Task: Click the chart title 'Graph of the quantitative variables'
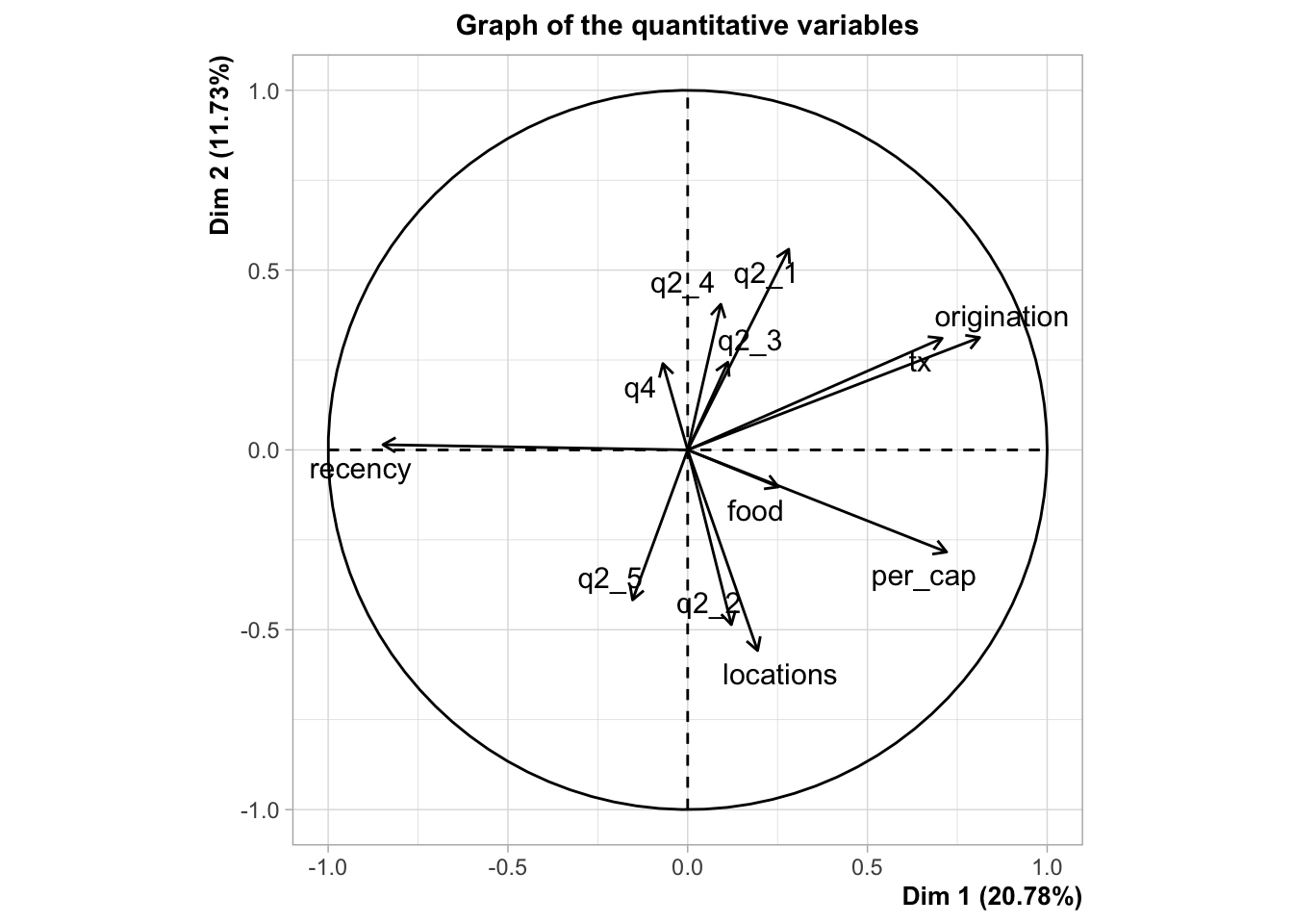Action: (x=687, y=25)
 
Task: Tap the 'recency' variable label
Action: (x=360, y=470)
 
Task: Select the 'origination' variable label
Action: (x=1001, y=318)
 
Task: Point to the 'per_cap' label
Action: (x=923, y=577)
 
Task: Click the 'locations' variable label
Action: (x=779, y=675)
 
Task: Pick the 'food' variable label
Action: (x=755, y=511)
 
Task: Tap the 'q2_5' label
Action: (x=609, y=579)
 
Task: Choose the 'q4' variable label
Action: (x=640, y=389)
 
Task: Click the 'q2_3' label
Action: (x=749, y=341)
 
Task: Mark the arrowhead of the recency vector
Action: (x=383, y=444)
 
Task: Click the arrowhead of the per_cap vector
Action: (x=948, y=552)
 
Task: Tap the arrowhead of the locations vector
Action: (x=759, y=651)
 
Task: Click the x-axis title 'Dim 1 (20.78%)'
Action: (x=992, y=897)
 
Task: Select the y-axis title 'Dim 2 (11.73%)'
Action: (x=221, y=146)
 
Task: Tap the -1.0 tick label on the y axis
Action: (x=261, y=809)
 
